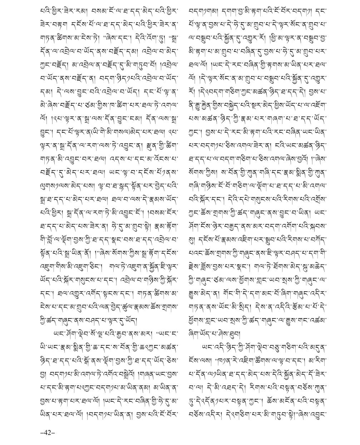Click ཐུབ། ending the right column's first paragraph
[236, 334]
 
